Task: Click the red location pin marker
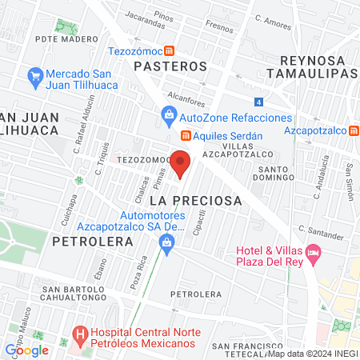click(181, 164)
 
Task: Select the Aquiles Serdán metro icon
click(185, 135)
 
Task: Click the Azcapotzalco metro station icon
click(354, 130)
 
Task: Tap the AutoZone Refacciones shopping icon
click(170, 118)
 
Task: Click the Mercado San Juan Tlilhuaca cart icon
click(34, 77)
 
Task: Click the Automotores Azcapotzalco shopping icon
click(166, 250)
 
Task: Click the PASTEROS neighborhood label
click(170, 66)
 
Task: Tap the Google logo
click(26, 350)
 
